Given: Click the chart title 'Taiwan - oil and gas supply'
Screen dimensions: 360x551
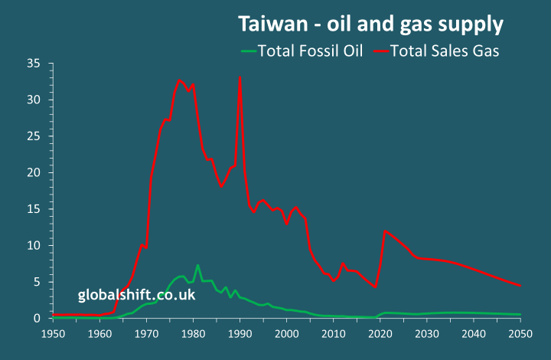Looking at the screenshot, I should point(370,25).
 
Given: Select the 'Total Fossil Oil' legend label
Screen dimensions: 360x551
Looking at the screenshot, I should point(310,51).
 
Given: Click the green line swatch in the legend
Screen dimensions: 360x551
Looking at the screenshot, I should point(249,52).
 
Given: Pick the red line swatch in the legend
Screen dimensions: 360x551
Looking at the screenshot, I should point(380,52).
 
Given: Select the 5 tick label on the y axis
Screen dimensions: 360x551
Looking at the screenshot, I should point(35,282).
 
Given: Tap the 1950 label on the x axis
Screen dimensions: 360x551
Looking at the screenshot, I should point(53,334).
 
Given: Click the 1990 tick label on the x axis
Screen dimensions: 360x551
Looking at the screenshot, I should point(240,334).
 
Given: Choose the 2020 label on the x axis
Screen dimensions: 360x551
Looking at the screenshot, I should point(380,334).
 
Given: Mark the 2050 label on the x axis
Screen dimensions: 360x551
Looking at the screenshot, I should point(520,334).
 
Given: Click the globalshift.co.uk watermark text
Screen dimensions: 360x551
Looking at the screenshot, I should point(136,295).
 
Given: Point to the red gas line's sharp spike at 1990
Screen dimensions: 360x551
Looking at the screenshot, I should point(240,77).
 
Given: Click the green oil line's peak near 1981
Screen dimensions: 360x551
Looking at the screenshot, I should point(197,266).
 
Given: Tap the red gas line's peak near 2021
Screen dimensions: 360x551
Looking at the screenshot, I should point(385,231).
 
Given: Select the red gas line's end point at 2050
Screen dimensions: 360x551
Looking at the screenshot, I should point(520,286).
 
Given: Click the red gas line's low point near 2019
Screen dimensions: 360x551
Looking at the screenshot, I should point(375,286).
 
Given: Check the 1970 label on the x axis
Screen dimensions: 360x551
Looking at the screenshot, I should point(146,334).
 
